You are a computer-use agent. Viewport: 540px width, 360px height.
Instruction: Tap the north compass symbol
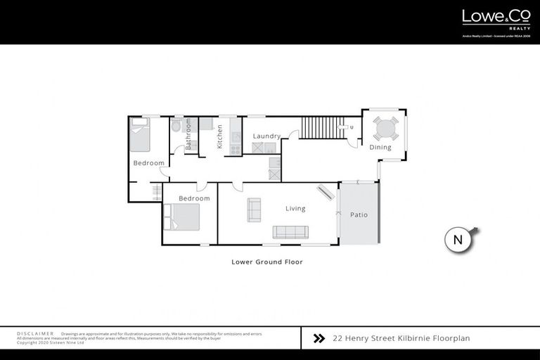point(458,239)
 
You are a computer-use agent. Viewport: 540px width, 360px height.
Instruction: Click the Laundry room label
point(266,136)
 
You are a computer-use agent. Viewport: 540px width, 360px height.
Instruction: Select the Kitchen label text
point(220,136)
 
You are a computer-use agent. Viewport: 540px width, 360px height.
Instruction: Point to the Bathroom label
point(188,133)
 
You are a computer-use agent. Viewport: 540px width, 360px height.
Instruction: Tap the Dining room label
point(380,148)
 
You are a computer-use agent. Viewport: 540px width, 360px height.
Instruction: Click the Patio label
point(359,214)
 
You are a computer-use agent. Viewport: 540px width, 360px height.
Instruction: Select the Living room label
point(295,208)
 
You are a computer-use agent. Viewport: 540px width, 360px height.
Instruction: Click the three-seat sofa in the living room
point(290,232)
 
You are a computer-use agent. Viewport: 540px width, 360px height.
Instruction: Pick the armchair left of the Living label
point(254,210)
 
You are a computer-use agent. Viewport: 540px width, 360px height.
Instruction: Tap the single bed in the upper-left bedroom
point(141,134)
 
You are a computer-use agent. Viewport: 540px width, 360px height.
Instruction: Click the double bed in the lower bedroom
point(181,217)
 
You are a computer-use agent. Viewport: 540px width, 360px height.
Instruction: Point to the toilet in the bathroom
point(176,125)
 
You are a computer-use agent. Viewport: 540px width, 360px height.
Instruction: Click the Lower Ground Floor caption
point(266,262)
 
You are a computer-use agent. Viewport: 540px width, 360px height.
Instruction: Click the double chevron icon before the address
point(319,338)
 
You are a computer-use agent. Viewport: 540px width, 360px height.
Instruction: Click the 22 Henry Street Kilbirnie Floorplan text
point(401,338)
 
